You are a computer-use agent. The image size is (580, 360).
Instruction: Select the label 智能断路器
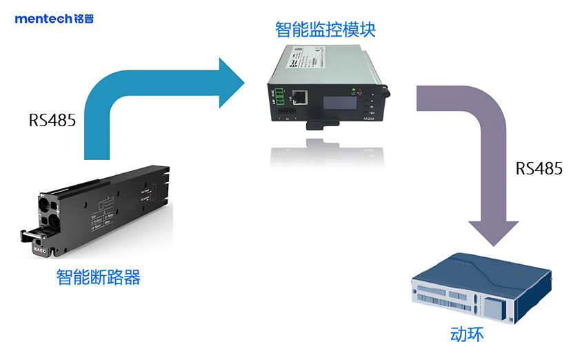tap(98, 278)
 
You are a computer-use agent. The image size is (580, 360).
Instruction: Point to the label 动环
tap(467, 335)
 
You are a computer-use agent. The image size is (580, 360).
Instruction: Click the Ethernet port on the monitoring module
tap(299, 97)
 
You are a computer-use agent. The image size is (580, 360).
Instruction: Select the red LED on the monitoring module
tap(360, 90)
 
